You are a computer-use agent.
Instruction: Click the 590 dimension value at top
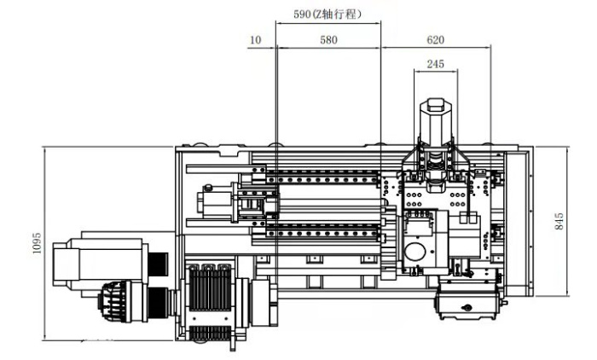(302, 15)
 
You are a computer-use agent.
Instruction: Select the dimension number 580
(328, 40)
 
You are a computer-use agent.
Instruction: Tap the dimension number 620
(435, 40)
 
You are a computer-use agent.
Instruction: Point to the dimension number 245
(435, 64)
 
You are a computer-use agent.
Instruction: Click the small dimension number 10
(256, 40)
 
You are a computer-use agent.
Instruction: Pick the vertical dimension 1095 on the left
(37, 243)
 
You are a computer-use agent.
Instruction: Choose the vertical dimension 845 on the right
(559, 221)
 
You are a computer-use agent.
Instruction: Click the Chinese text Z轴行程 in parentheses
(336, 15)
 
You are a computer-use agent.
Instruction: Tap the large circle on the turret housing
(415, 253)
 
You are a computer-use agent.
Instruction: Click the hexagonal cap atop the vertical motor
(436, 105)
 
